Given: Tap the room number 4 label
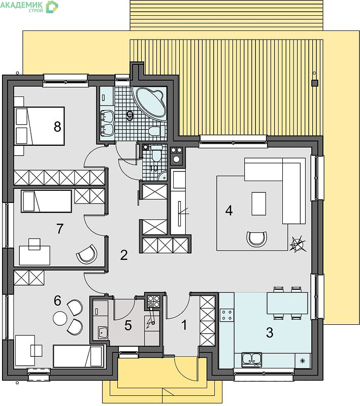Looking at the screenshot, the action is (229, 211).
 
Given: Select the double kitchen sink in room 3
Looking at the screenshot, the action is (251, 360).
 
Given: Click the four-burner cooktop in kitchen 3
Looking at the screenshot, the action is (227, 315).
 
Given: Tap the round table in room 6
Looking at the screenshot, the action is (60, 318).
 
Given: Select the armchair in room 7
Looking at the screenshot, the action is (87, 254).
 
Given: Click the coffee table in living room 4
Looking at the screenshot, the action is (259, 204).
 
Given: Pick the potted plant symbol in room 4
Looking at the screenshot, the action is (299, 243).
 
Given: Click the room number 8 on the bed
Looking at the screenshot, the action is (57, 127).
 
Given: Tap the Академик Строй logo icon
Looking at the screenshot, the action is (52, 7).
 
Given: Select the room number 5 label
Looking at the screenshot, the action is (128, 325).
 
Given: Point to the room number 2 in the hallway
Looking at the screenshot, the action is (124, 255).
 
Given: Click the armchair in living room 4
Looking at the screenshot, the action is (256, 239).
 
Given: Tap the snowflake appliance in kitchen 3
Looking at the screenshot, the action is (303, 361).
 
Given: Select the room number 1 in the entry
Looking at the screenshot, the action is (184, 325).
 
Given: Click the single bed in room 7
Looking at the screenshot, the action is (47, 201).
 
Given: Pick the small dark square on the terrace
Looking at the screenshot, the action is (315, 83).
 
